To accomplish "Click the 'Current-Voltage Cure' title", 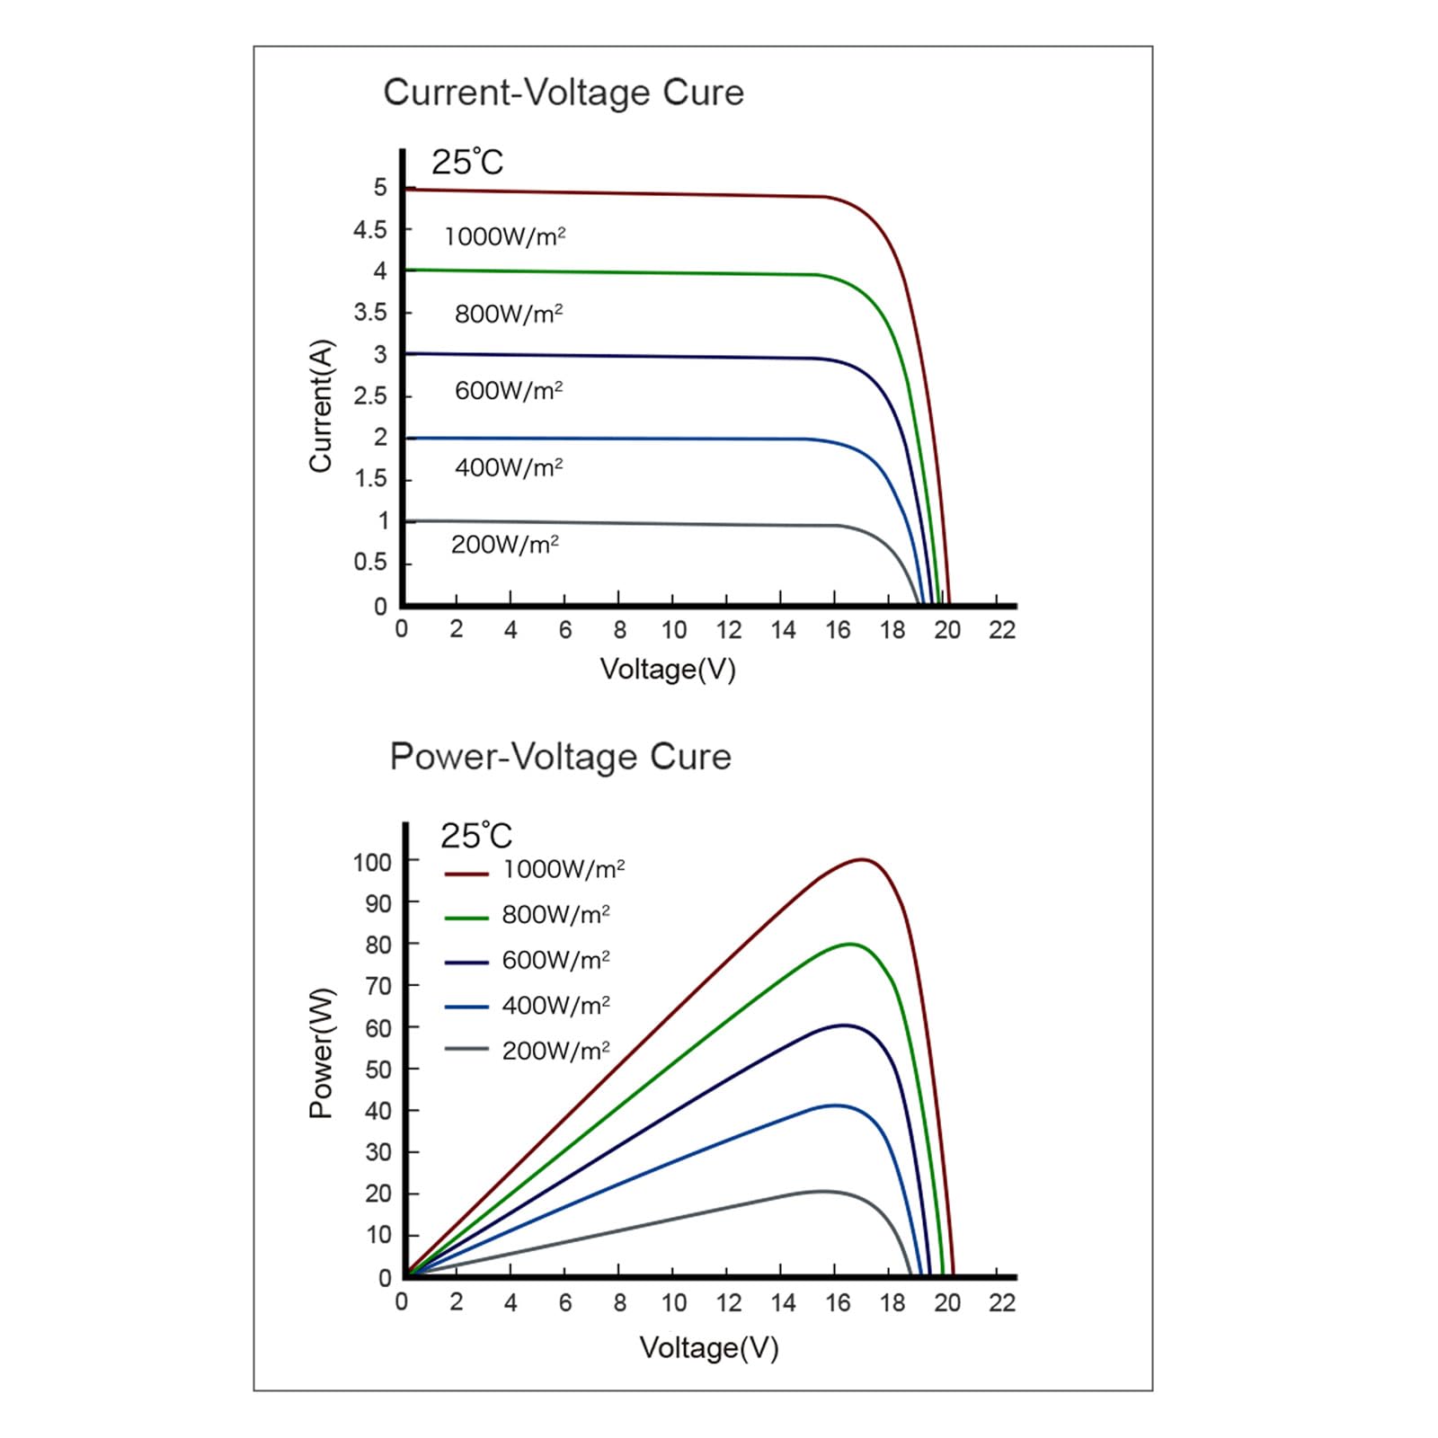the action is pos(564,93).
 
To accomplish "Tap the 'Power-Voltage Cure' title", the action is pos(561,757).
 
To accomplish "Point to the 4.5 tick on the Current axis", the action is pos(369,230).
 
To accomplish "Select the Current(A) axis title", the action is pos(321,405).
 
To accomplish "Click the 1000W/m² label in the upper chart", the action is pos(505,236).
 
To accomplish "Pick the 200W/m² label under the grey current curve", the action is pos(505,545).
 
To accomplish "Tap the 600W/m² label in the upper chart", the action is pos(509,391).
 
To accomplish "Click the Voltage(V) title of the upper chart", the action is pos(668,670).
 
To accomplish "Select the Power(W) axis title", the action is pos(321,1052).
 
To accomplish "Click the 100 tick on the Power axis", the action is pos(372,863).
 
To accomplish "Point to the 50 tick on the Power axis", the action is pos(378,1070).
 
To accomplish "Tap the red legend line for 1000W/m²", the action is pos(466,873).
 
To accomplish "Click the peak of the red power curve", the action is pos(863,859).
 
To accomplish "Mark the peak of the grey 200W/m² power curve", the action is pos(821,1191).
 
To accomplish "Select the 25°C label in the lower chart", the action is pos(475,836).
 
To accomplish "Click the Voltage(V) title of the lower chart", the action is pos(709,1348).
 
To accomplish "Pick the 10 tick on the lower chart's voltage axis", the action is pos(674,1302).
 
